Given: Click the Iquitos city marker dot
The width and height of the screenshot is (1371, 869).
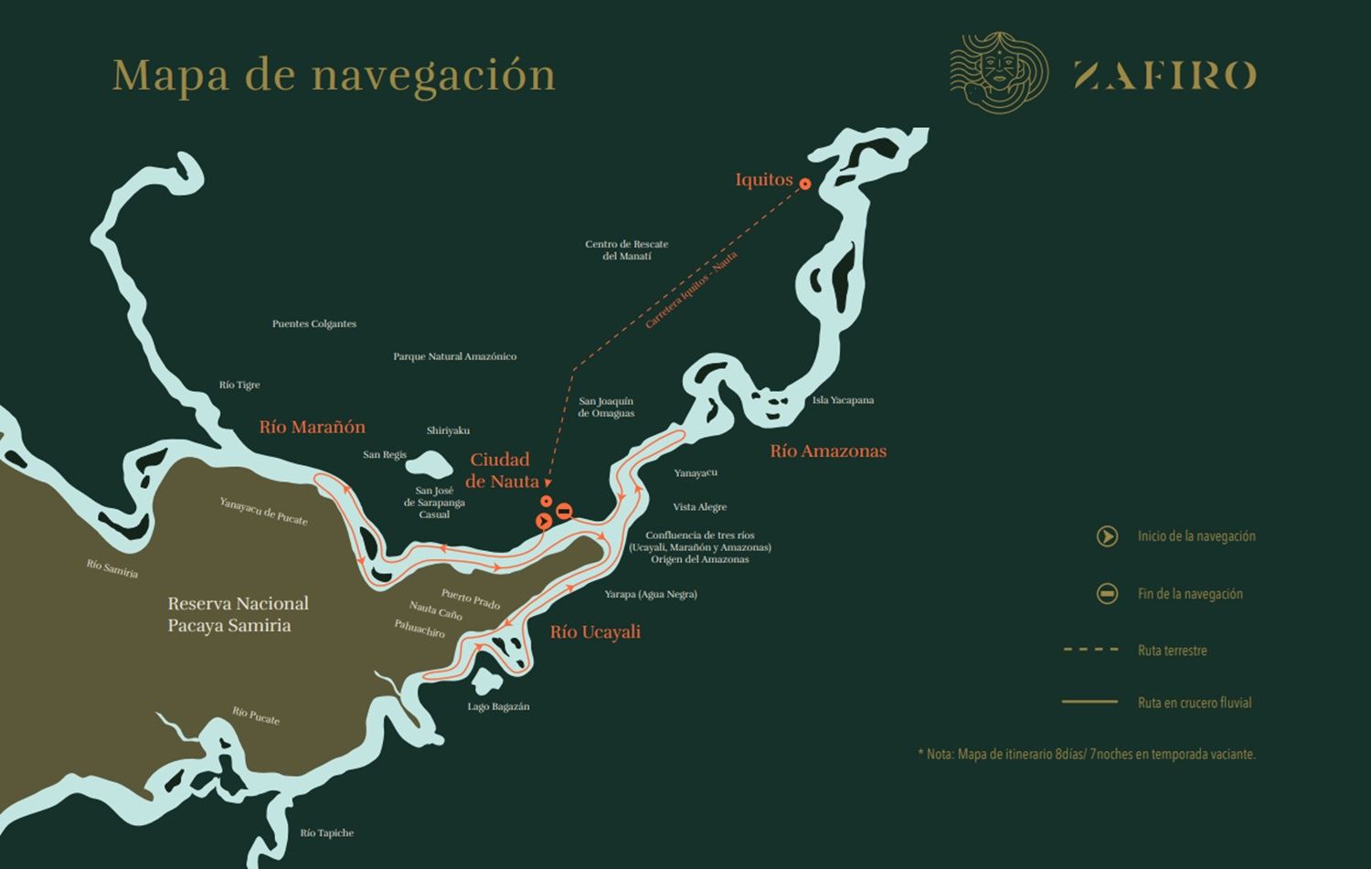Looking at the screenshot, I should coord(805,184).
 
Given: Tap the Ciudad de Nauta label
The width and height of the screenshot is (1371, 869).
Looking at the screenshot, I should coord(501,471).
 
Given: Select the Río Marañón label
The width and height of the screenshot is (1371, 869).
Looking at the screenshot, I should coord(312,427).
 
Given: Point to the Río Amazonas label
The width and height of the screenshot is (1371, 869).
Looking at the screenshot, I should coord(827,450).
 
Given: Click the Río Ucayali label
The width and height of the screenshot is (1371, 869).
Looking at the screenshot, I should coord(595,631).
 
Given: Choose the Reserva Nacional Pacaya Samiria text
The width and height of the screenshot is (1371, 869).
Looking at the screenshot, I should coord(237,614).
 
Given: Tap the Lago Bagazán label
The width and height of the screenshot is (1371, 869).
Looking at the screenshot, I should coord(498,706).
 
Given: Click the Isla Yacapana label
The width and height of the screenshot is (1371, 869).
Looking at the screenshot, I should coord(843,400).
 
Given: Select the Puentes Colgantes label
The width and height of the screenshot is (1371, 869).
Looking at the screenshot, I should coord(314,323).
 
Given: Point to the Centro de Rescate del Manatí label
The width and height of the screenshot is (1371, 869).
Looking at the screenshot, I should coord(626,250).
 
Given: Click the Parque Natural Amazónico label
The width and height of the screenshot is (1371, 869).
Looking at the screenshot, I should coord(454,356).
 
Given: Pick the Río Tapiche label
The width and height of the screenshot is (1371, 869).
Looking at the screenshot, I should coord(326,832).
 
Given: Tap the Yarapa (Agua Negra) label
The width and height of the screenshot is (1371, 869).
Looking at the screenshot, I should coord(650,594).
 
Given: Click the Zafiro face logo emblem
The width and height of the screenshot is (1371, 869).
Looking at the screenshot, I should coord(998,73).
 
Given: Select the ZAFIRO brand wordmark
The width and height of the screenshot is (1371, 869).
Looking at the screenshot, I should coord(1164,75).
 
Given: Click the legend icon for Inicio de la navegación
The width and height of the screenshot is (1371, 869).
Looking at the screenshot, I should coord(1107,536).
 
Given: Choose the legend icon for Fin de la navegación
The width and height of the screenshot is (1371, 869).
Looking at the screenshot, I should coord(1107,594).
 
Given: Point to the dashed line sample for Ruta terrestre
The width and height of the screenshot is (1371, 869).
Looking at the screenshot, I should coord(1090,650).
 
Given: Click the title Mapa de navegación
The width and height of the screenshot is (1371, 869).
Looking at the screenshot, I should coord(334,75).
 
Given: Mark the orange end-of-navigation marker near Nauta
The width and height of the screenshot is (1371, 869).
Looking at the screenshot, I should coord(564,512).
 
